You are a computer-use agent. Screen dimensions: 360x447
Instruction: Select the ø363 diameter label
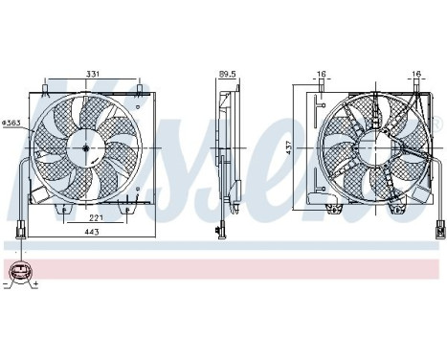click(x=12, y=124)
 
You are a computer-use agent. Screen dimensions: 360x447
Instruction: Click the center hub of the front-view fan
click(x=85, y=146)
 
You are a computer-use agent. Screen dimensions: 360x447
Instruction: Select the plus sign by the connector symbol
click(x=34, y=285)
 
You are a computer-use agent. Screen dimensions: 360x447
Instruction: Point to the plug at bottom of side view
click(x=222, y=229)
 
